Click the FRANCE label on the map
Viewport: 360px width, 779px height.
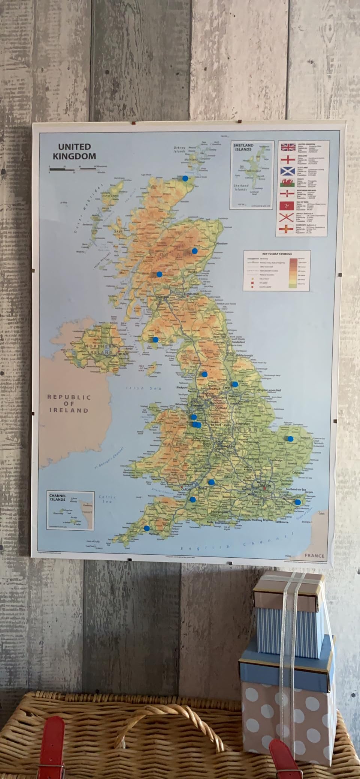pos(314,556)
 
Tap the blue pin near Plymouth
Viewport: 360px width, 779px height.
pos(146,528)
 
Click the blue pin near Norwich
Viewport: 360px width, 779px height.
pos(290,439)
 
